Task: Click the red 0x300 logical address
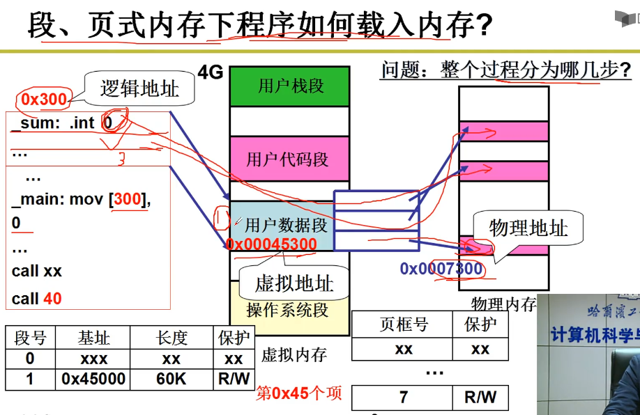click(x=44, y=100)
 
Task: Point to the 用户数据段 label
click(x=286, y=225)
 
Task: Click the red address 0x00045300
click(x=271, y=244)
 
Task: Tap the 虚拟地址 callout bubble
click(x=294, y=283)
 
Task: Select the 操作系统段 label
click(x=287, y=310)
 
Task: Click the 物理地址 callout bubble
click(x=528, y=228)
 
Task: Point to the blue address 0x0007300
click(x=441, y=269)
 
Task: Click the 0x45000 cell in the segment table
click(x=93, y=379)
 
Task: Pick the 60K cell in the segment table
click(x=171, y=379)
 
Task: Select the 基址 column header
click(x=93, y=338)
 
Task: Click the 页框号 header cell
click(x=404, y=324)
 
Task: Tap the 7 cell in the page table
click(x=404, y=398)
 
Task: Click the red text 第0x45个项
click(x=299, y=393)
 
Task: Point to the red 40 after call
click(x=52, y=299)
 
